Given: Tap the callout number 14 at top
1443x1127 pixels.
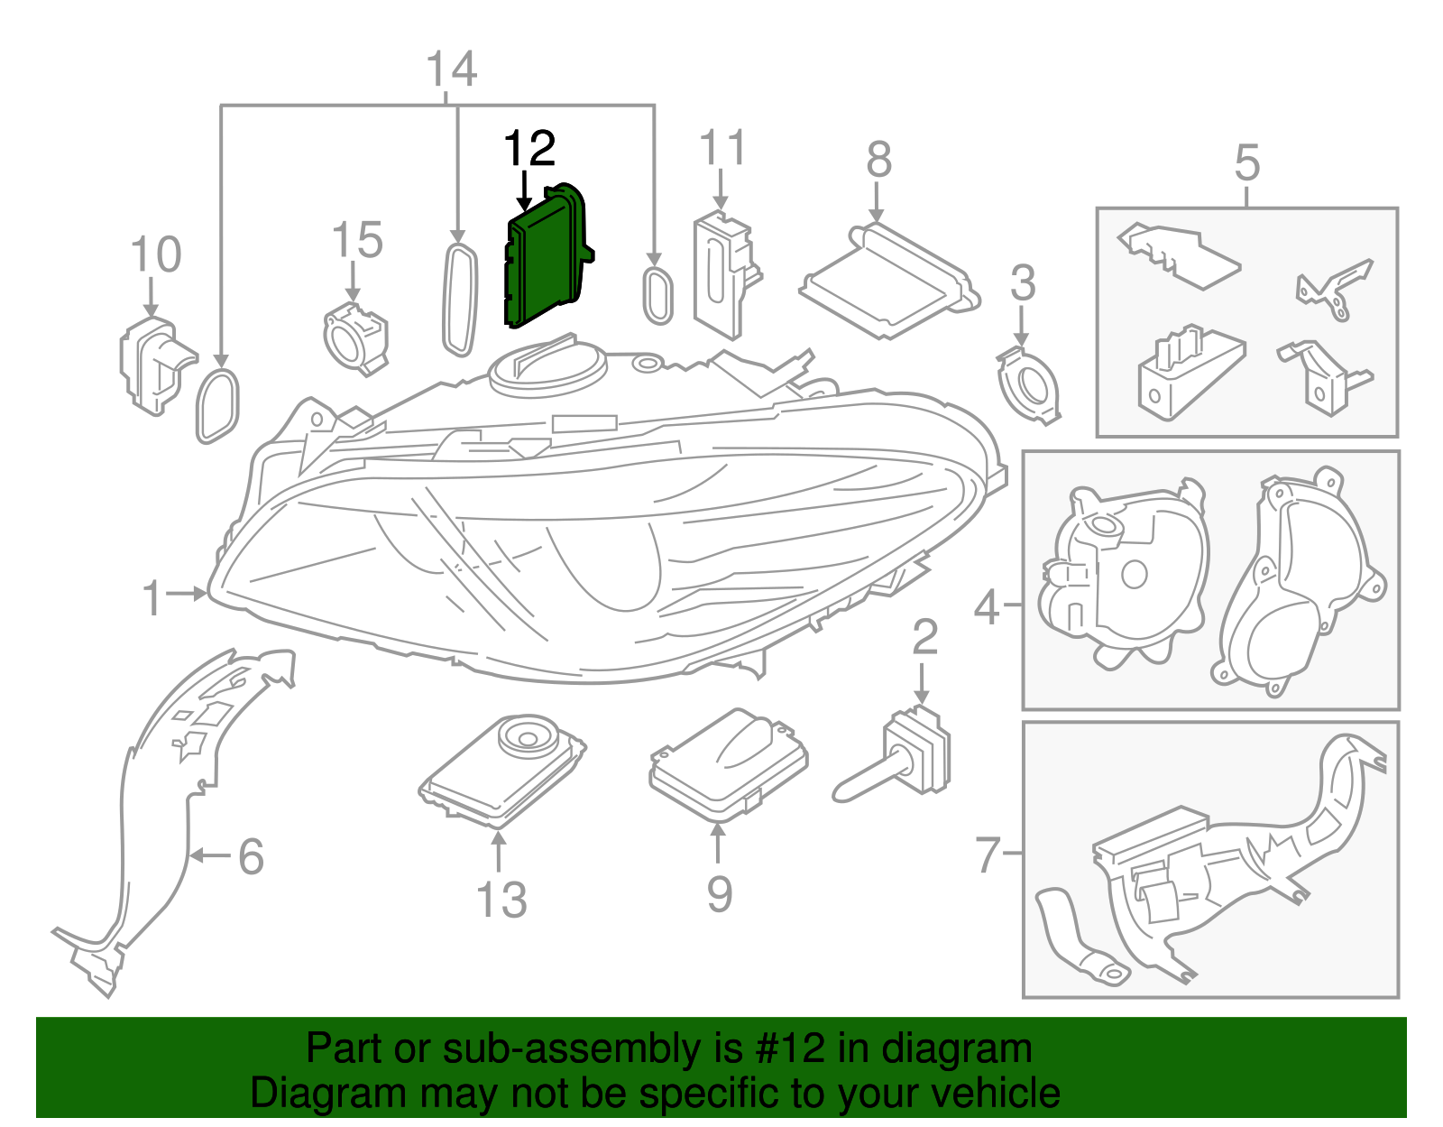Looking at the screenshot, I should (x=451, y=70).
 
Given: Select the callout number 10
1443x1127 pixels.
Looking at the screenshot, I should (x=156, y=255).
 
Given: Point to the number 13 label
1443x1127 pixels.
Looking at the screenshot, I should (x=501, y=900).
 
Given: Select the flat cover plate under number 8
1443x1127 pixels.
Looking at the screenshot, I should (x=888, y=280).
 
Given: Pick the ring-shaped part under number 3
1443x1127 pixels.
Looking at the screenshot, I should (x=1028, y=383).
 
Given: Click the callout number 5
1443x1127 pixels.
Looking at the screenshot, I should (x=1246, y=163).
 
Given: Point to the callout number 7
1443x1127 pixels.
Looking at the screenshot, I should (x=988, y=854).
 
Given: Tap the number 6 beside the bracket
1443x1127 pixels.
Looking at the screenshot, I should (x=251, y=856).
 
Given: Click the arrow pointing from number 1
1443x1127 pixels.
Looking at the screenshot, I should (x=188, y=594).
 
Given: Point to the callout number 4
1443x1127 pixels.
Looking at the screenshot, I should (x=987, y=608).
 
